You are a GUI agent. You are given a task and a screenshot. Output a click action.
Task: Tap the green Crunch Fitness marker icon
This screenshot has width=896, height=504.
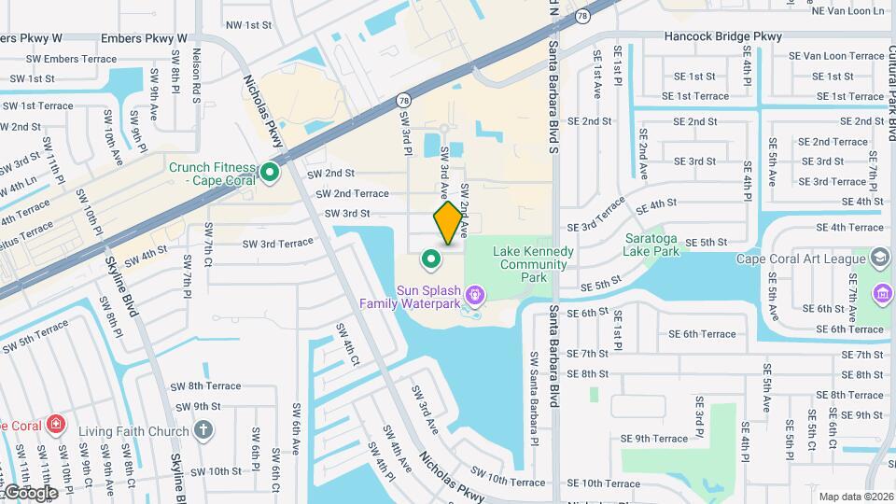point(271,172)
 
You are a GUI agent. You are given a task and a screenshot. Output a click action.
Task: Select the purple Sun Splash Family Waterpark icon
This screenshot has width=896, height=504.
point(475,296)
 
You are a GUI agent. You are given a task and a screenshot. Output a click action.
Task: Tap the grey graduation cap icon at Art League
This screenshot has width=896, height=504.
point(879,258)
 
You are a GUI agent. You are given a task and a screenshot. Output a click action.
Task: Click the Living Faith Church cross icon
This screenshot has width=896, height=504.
point(204,431)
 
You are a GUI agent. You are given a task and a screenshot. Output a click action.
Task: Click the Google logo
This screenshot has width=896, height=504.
point(30,492)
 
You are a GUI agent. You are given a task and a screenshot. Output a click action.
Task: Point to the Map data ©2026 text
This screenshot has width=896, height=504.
point(853,497)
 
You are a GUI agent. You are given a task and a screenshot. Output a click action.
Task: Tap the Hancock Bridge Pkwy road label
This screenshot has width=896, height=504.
point(722,37)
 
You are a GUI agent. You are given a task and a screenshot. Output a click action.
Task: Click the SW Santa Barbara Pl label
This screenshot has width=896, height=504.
point(534,385)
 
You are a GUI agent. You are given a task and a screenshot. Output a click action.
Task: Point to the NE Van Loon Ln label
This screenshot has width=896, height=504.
point(847,11)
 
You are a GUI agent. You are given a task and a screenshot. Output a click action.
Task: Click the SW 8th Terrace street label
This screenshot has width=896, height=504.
point(205,385)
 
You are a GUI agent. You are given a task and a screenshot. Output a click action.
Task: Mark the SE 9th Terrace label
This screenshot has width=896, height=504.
point(654,438)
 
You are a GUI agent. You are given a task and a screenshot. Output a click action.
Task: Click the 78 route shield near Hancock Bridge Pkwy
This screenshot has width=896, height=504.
point(582,16)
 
